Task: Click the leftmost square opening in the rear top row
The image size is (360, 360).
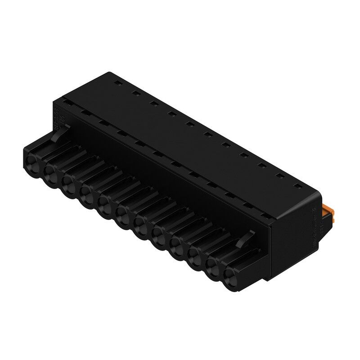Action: click(x=116, y=83)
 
